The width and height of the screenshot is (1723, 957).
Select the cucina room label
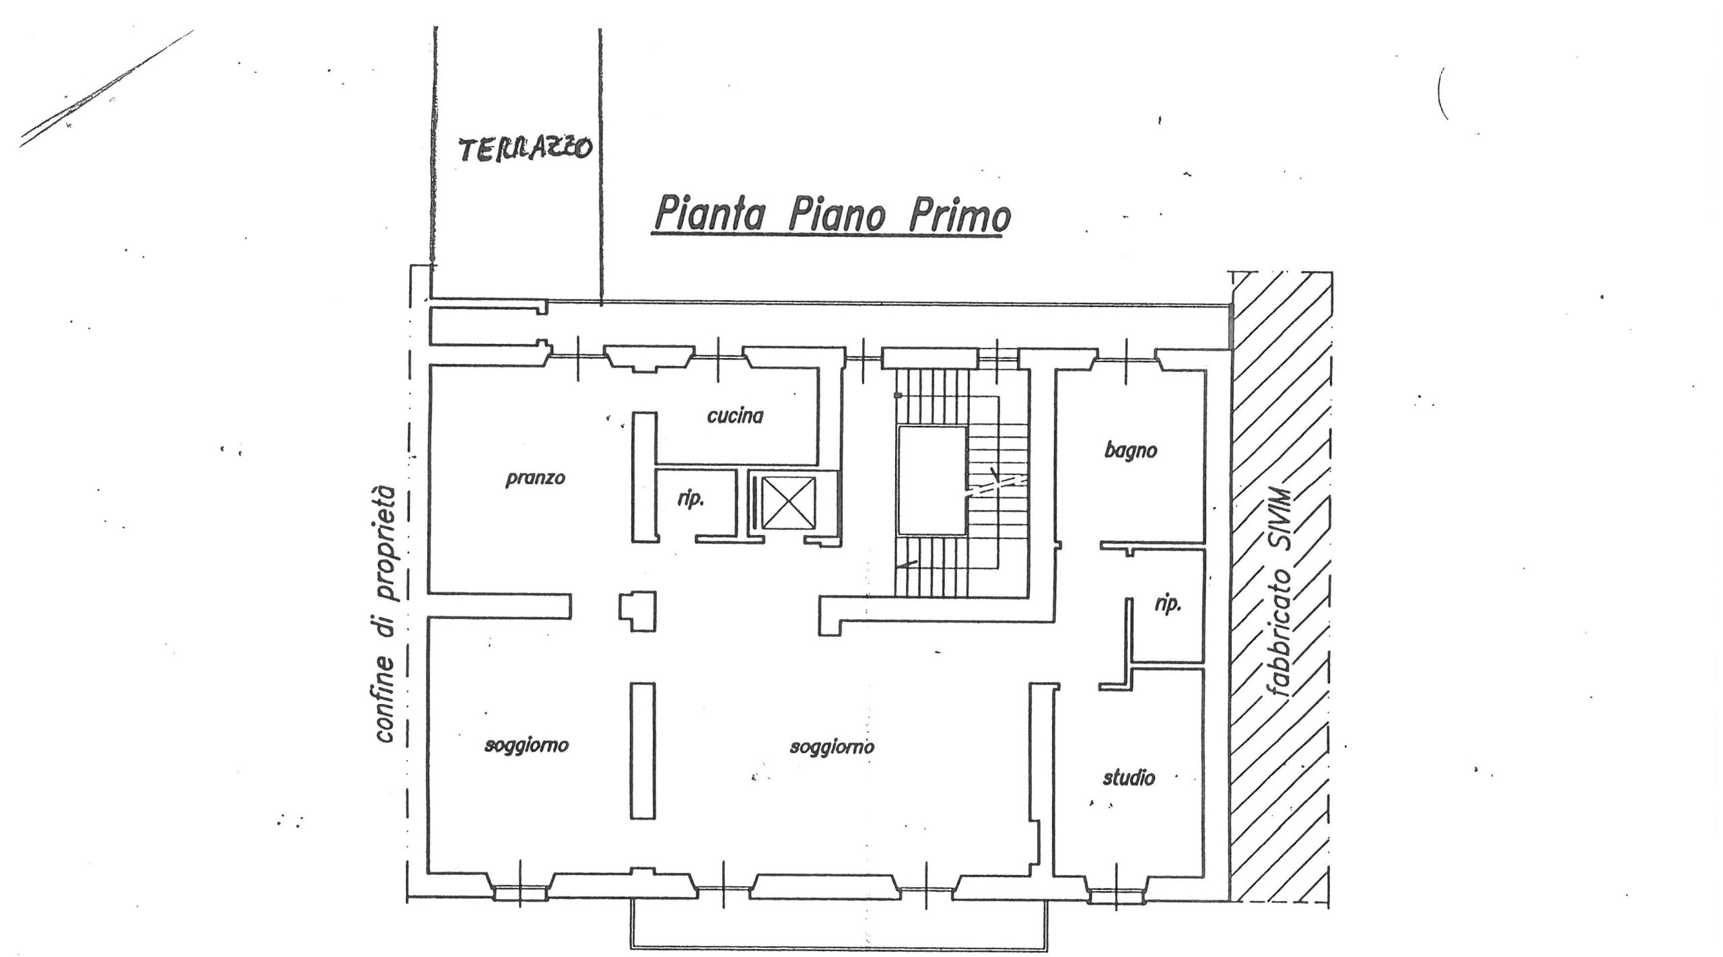(735, 416)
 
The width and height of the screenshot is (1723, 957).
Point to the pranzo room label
(536, 478)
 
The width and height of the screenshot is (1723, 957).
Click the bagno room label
(1130, 450)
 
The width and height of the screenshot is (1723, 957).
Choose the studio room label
(1129, 778)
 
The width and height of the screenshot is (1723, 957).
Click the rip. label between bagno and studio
(1168, 605)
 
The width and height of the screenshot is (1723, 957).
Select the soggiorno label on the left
(527, 746)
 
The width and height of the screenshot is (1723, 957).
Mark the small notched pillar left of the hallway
(637, 610)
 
